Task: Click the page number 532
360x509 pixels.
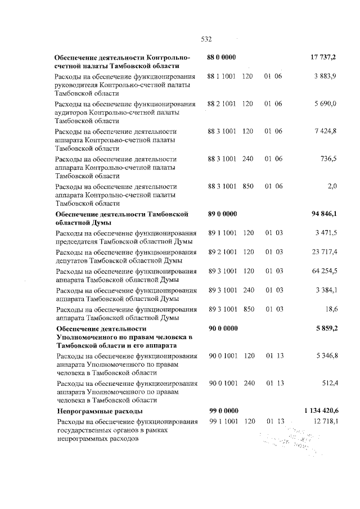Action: click(x=206, y=39)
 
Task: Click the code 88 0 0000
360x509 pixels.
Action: click(x=222, y=58)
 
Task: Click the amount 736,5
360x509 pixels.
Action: click(x=327, y=159)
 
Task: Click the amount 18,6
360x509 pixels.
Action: click(x=330, y=309)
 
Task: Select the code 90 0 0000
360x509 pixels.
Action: click(x=222, y=328)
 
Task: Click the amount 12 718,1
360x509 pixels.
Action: click(x=324, y=421)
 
